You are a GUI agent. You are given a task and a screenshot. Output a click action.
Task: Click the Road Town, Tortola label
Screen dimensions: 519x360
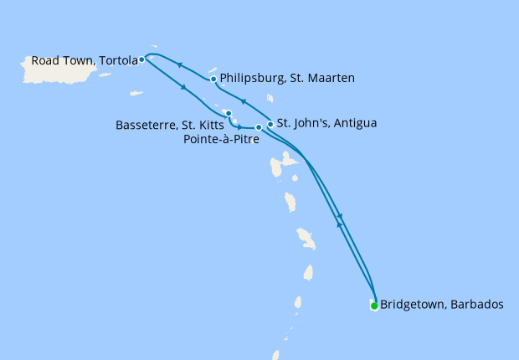(x=84, y=60)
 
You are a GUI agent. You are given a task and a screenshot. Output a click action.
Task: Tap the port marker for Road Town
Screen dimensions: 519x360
(x=141, y=59)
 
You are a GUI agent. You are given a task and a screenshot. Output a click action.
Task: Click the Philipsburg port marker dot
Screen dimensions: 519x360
(x=214, y=80)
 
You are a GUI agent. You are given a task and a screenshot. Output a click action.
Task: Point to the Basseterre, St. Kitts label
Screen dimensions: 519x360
(x=169, y=126)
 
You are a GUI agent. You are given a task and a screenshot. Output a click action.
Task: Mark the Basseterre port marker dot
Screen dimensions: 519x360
(x=229, y=113)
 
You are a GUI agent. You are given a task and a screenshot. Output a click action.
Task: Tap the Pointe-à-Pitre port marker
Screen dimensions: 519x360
(x=259, y=127)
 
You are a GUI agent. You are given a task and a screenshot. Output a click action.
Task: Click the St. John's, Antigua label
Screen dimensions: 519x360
(x=326, y=123)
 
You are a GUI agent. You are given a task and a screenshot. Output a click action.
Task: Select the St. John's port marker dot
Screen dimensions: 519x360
(x=270, y=124)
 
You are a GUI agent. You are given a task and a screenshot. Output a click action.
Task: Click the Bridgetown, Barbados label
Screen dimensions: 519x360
(x=442, y=305)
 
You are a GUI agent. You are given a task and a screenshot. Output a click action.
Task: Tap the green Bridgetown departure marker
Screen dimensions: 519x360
(x=374, y=306)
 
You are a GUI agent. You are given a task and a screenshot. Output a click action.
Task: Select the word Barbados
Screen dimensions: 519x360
(x=476, y=305)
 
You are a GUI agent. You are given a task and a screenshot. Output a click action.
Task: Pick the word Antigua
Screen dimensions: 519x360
(x=355, y=123)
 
